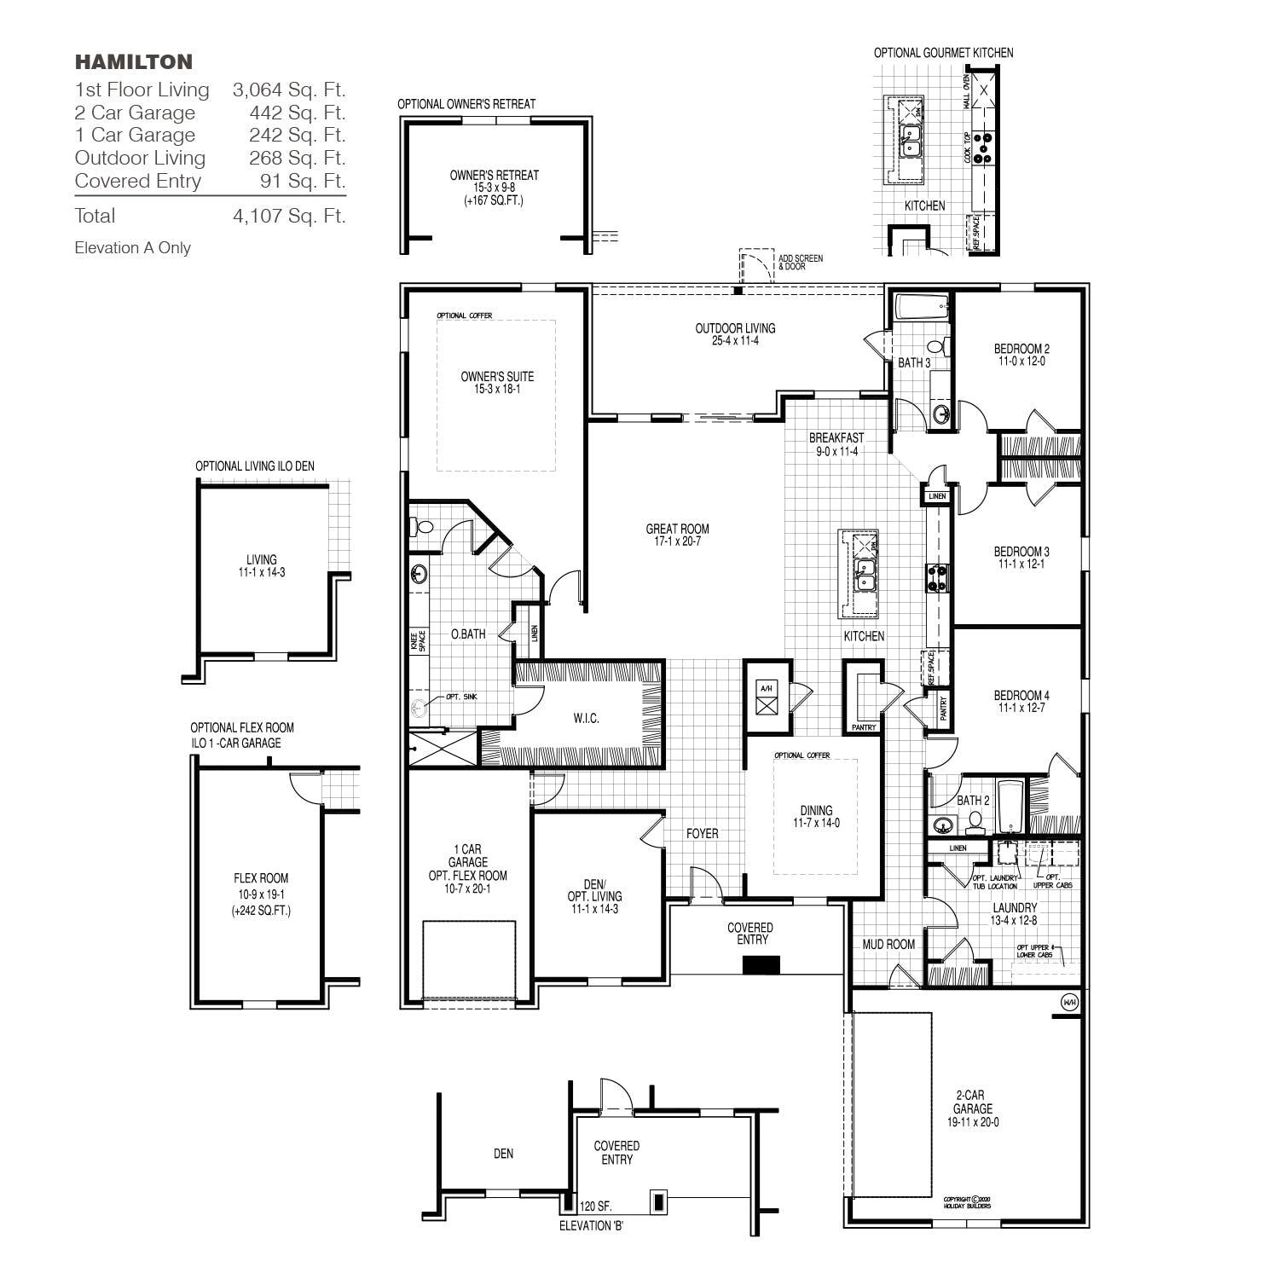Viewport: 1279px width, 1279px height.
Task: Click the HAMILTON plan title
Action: click(x=134, y=61)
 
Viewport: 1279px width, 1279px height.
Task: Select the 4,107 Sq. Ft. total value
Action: click(x=289, y=216)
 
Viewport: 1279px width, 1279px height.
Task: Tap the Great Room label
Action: click(x=677, y=529)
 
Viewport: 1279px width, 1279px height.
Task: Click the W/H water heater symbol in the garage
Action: click(x=1068, y=1002)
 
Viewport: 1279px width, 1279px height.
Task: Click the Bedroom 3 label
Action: click(x=1021, y=552)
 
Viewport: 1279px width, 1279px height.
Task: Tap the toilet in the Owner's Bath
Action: click(x=422, y=528)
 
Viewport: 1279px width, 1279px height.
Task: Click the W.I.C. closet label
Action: click(x=586, y=719)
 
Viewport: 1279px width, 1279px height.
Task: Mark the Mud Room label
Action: click(x=888, y=944)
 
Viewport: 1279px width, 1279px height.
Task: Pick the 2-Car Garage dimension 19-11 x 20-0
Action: click(x=972, y=1122)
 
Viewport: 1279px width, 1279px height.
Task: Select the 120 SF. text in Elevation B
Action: click(x=595, y=1207)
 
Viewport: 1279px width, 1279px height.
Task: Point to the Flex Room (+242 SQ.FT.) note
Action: click(x=261, y=911)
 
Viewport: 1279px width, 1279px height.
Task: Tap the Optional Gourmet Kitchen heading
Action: click(x=943, y=53)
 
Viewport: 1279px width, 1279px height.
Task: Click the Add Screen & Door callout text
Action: click(x=800, y=262)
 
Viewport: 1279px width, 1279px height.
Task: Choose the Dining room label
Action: click(x=816, y=811)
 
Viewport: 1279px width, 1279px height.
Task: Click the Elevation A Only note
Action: click(x=133, y=248)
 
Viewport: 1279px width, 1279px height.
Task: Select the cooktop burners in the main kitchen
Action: click(x=937, y=578)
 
